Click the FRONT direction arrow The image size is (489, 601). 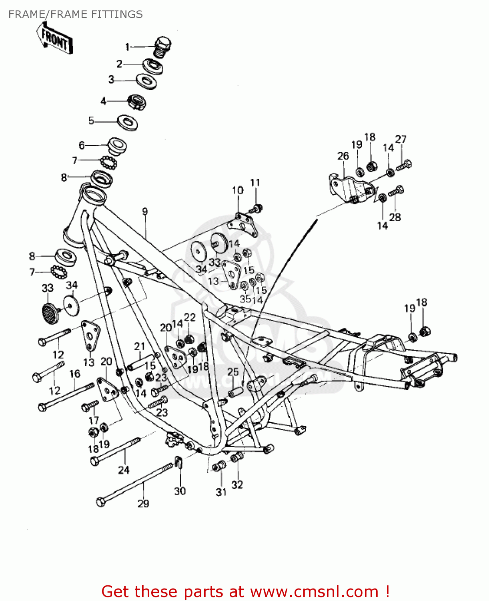click(54, 39)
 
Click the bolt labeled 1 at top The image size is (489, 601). click(162, 47)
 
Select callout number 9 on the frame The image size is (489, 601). click(145, 211)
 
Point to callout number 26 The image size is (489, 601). click(343, 156)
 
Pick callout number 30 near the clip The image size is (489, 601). click(180, 491)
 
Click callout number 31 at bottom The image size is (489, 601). click(221, 492)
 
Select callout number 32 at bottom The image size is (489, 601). click(237, 485)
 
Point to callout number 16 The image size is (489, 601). click(75, 374)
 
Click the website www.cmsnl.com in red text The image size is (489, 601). click(314, 592)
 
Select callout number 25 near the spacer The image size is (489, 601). click(233, 372)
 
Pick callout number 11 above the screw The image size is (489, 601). click(255, 183)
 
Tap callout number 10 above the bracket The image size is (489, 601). click(238, 190)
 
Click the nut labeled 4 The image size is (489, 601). click(136, 102)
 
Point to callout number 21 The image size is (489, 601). click(139, 346)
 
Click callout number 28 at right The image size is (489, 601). click(395, 217)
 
